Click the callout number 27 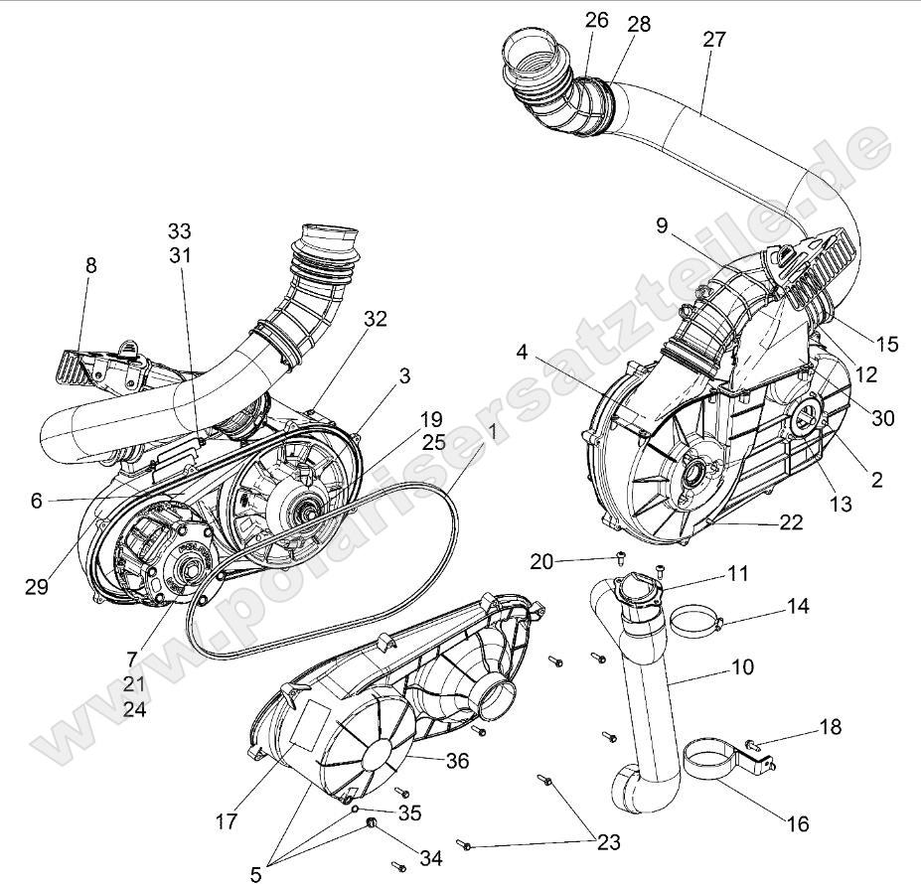point(713,40)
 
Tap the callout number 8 point(91,265)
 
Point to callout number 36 point(457,761)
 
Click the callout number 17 point(227,821)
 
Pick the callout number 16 point(797,823)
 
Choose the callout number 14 point(800,605)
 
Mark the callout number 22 point(791,523)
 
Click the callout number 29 point(37,587)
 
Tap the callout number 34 point(430,857)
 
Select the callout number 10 point(741,666)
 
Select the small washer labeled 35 point(355,810)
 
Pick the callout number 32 point(375,319)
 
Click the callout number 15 point(886,344)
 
